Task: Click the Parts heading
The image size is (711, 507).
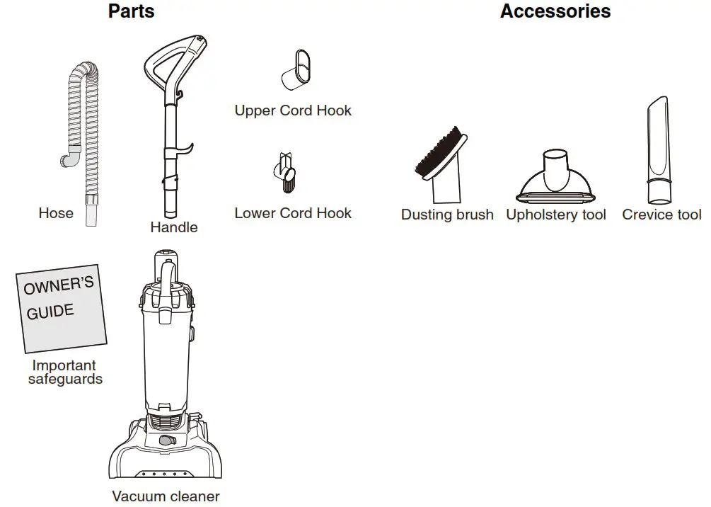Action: pyautogui.click(x=131, y=11)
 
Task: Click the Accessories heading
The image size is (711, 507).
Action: pyautogui.click(x=555, y=11)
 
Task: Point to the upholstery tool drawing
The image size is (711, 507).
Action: pyautogui.click(x=556, y=177)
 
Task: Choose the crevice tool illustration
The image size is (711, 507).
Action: pyautogui.click(x=659, y=152)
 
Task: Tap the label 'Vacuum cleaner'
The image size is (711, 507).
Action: pyautogui.click(x=166, y=496)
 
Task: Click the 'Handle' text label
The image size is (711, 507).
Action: pyautogui.click(x=173, y=227)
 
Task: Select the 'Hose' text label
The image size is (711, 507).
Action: pyautogui.click(x=56, y=212)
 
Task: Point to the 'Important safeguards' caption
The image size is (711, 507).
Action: pyautogui.click(x=64, y=372)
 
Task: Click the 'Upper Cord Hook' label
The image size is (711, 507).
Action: pyautogui.click(x=293, y=110)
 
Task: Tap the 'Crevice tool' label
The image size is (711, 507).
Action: pyautogui.click(x=661, y=215)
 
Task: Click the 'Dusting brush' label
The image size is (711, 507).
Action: pyautogui.click(x=447, y=215)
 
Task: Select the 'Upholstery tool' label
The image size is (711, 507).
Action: pyautogui.click(x=556, y=215)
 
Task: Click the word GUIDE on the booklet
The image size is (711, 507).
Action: pyautogui.click(x=50, y=311)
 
